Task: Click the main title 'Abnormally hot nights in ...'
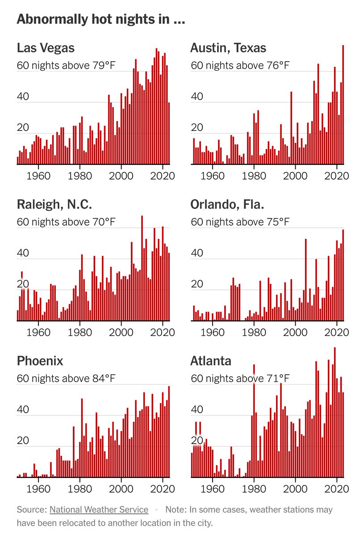tap(100, 20)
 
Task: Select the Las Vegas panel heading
tap(46, 48)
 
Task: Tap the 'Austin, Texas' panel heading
tap(228, 48)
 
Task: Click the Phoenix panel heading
tap(40, 360)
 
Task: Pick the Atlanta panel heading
tap(209, 360)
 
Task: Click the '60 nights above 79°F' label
tap(66, 66)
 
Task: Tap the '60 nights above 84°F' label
tap(66, 379)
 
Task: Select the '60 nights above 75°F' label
tap(240, 222)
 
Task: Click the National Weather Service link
tap(99, 509)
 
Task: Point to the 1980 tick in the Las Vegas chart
tap(80, 175)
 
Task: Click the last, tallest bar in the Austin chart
tap(343, 105)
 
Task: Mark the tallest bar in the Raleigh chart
tap(142, 268)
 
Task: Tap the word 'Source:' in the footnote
tap(31, 509)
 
